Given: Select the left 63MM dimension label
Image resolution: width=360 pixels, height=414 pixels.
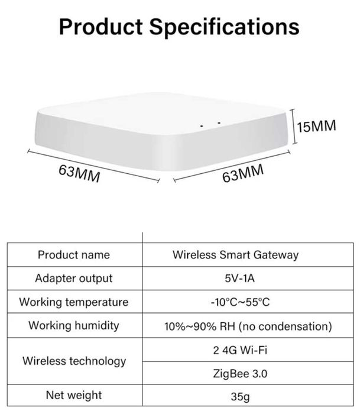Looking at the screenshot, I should coord(79,173).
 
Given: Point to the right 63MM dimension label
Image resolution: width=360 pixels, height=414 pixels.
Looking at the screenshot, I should coord(243,174).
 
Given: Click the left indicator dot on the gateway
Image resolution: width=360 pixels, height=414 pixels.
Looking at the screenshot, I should coord(202,125).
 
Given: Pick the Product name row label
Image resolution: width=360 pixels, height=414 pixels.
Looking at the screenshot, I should coord(73,255).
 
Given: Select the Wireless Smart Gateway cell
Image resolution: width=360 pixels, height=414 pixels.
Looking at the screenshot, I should coord(235,255).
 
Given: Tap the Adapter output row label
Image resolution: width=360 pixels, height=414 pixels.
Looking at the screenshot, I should coord(73,278).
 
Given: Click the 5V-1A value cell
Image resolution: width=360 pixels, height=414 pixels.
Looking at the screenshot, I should coord(239,279).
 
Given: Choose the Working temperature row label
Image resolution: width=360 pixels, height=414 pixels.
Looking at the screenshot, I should coord(73,302).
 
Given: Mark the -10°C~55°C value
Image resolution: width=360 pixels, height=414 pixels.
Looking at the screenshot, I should coord(239,302).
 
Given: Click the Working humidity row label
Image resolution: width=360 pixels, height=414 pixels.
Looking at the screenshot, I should coord(73,325).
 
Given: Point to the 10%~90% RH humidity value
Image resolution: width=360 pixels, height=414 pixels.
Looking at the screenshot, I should coord(248,326).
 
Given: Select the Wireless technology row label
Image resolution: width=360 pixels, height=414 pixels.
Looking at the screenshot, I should coord(74,361).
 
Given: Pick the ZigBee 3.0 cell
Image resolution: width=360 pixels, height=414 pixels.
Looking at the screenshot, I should coord(239,374).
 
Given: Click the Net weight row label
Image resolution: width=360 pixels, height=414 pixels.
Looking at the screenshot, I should coord(73,395).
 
